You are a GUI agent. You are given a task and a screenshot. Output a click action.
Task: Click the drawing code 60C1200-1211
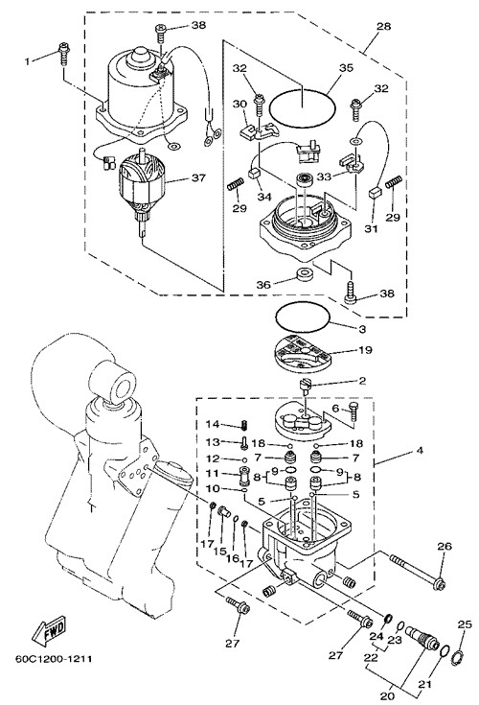[x=54, y=659]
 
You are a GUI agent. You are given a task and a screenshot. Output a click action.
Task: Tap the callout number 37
[x=198, y=177]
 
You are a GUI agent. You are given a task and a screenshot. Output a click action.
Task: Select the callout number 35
[x=346, y=68]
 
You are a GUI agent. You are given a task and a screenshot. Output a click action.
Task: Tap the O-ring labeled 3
[x=303, y=317]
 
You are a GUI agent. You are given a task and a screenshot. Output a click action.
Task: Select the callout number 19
[x=365, y=350]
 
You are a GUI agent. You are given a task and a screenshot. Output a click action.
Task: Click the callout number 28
[x=384, y=26]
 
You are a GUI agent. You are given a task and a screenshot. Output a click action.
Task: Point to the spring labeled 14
[x=245, y=424]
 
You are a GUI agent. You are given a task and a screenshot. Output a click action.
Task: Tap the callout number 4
[x=420, y=450]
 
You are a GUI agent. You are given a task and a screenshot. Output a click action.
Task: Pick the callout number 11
[x=213, y=473]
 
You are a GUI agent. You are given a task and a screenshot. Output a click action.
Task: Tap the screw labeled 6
[x=354, y=411]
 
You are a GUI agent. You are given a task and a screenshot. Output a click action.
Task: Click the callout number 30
[x=239, y=105]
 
